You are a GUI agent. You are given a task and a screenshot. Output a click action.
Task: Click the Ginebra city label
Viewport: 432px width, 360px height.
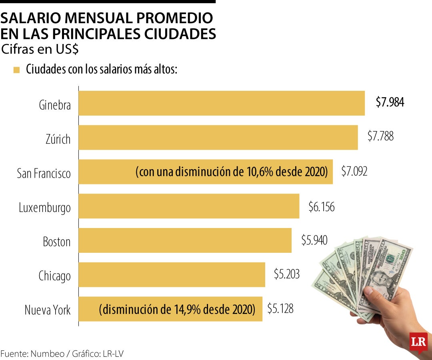[55, 105]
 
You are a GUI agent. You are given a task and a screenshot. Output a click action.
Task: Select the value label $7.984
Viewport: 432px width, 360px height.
[390, 102]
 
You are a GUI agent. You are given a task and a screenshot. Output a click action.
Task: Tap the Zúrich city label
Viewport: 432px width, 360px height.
[58, 139]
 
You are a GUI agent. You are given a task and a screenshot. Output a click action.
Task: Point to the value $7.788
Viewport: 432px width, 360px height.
[380, 136]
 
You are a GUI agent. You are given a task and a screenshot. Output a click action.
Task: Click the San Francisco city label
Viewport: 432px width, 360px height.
[44, 174]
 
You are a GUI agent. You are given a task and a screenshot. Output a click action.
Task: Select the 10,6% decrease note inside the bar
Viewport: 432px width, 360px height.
[232, 172]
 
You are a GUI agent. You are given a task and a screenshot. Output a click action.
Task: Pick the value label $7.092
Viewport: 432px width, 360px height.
[354, 171]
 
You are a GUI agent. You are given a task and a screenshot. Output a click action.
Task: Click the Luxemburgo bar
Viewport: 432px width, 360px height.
[189, 206]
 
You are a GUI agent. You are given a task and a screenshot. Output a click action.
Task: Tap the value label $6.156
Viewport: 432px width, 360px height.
[322, 206]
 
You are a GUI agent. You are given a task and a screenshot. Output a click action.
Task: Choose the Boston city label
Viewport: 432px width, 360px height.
[57, 242]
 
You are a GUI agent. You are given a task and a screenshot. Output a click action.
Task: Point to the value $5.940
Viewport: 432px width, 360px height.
[314, 240]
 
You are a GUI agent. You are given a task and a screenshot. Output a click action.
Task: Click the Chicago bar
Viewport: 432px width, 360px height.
[172, 275]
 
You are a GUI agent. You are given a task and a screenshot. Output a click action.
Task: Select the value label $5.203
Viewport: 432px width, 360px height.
[287, 274]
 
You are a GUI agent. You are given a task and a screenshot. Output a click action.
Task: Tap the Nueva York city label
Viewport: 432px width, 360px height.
[48, 310]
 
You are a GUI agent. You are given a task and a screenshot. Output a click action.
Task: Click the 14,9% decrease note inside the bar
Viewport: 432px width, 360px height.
[177, 309]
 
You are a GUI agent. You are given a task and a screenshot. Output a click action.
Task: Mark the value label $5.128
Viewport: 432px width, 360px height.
[280, 308]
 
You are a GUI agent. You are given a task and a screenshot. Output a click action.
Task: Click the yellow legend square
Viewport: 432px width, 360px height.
[16, 70]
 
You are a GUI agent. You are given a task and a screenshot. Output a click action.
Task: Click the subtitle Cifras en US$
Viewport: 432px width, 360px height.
[40, 50]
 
